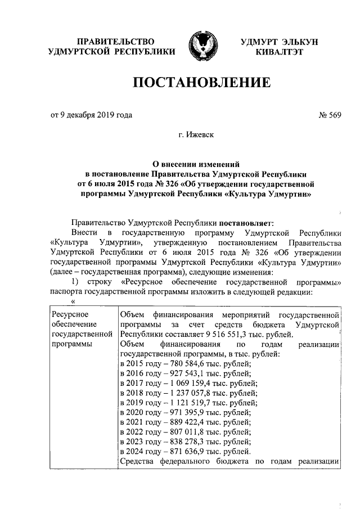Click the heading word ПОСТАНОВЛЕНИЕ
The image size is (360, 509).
[x=201, y=84]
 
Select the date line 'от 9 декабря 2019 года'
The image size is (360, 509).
[x=92, y=115]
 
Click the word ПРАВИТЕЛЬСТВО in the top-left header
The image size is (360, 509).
[x=115, y=41]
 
